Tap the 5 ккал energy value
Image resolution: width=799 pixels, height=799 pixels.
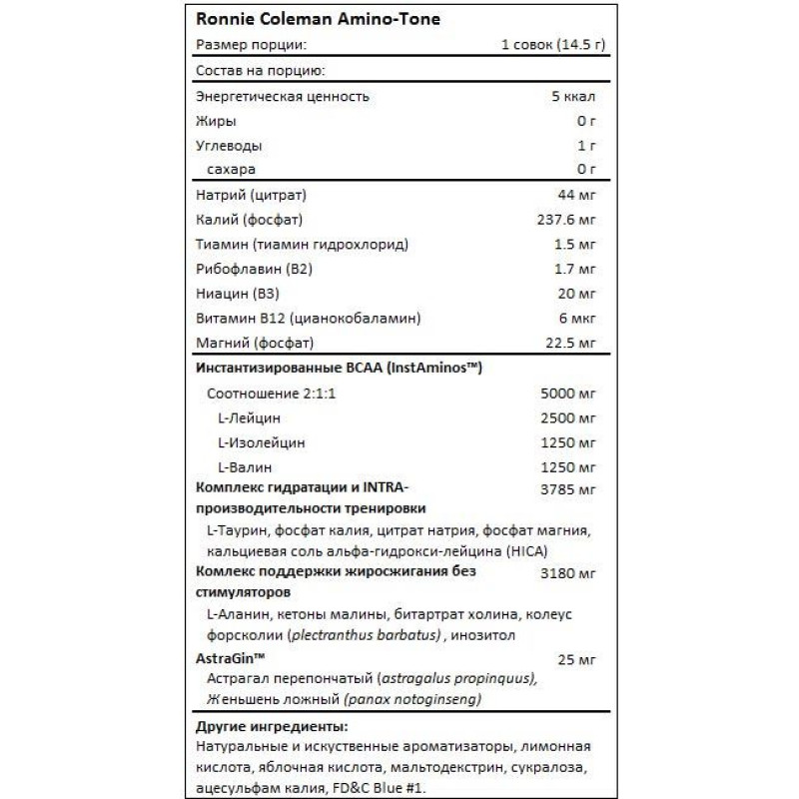coord(575,97)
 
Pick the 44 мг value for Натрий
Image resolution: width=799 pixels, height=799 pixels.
coord(577,194)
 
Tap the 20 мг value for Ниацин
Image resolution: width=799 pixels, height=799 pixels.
coord(577,294)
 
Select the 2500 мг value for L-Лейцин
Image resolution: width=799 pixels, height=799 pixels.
coord(567,417)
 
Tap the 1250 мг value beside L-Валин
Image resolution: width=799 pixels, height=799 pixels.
coord(567,466)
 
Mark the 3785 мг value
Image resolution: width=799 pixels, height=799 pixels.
coord(567,489)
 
